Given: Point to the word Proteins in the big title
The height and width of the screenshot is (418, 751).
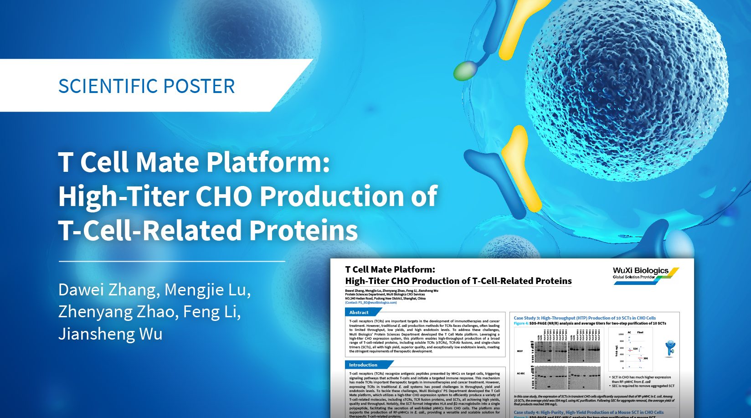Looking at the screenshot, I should (303, 230).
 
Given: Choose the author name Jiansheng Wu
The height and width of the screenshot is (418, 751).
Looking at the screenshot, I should (110, 334).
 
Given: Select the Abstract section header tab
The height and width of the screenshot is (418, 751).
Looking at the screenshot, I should (360, 312).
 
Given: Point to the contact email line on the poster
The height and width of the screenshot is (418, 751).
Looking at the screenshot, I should (371, 303).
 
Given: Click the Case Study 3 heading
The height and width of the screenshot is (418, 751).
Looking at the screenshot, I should (585, 318).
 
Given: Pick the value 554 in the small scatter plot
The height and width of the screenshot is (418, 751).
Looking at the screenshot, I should (635, 349).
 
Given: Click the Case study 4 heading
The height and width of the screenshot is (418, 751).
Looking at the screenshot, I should (588, 412).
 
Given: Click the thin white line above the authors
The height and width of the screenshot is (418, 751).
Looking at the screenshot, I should (172, 262).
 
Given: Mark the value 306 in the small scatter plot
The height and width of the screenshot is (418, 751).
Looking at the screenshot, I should (645, 358).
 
